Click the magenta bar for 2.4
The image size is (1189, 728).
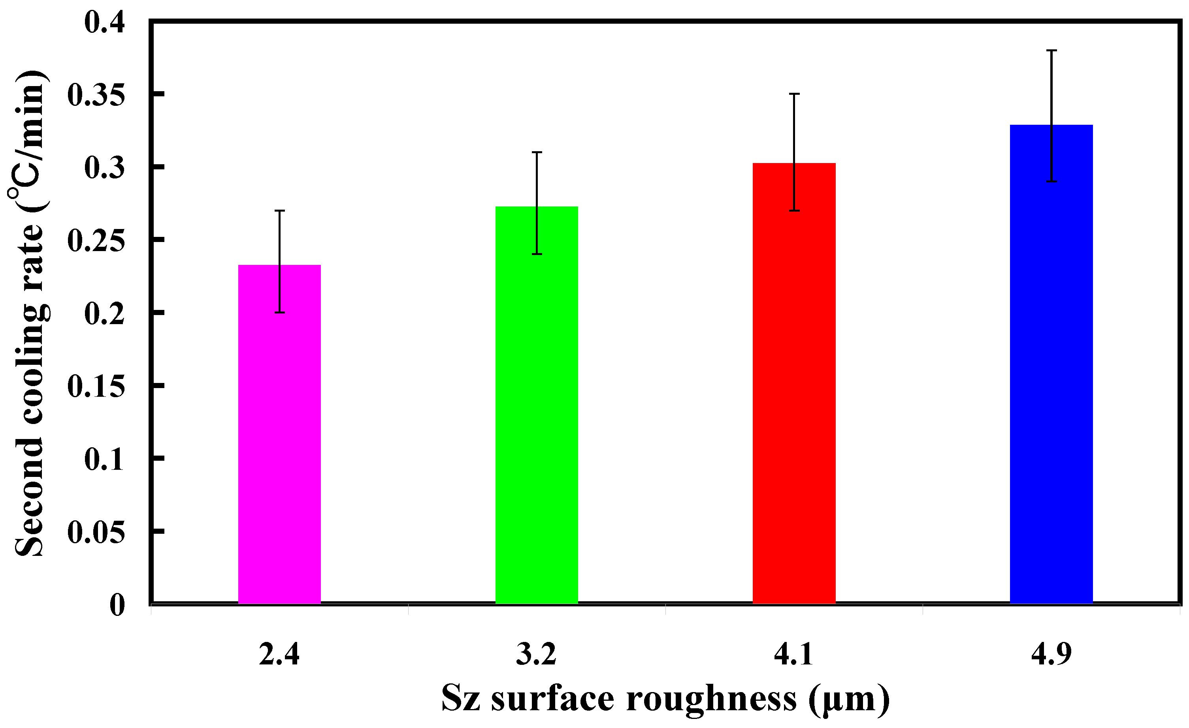tap(279, 434)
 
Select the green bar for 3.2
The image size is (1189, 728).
tap(537, 405)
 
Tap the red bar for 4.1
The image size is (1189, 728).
tap(794, 383)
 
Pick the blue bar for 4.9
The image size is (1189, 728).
tap(1051, 364)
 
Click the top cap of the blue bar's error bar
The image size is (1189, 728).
tap(1051, 50)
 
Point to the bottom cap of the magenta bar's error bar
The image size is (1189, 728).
tap(279, 312)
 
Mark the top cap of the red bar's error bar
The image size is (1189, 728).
tap(794, 94)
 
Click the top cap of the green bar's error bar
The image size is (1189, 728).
tap(537, 152)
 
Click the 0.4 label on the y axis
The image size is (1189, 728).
tap(104, 22)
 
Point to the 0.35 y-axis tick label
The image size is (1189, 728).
tap(96, 94)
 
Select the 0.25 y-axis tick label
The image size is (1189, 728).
tap(96, 240)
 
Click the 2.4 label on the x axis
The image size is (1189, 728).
tap(279, 654)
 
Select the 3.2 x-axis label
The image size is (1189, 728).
tap(537, 654)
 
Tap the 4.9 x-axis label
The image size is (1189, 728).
tap(1051, 654)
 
